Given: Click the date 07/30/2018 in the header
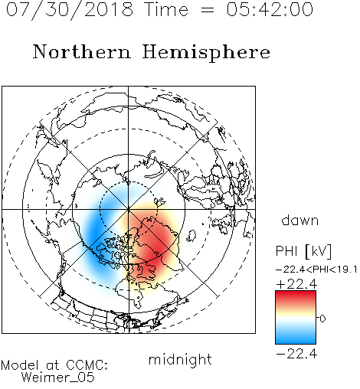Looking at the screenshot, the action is point(70,10).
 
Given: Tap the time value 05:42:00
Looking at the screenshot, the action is point(270,9).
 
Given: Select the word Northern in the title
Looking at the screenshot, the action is point(82,52).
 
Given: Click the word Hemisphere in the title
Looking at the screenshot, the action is point(206,53).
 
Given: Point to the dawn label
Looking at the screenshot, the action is point(300,220).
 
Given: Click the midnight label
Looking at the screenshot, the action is point(180,360).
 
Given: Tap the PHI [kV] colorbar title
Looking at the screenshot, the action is point(303,251).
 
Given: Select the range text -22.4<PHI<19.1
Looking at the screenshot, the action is point(316,270).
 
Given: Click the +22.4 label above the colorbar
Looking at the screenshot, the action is point(296,284).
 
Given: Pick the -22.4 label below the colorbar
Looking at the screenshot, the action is point(296,354).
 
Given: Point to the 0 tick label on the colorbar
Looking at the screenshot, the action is point(322,319).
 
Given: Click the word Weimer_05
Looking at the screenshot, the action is point(58,378).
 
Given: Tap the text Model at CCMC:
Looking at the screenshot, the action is point(54,365).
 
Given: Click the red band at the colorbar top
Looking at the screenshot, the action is point(296,296).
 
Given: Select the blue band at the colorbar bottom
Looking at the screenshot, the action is point(296,339).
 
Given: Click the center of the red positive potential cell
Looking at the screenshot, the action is point(155,249).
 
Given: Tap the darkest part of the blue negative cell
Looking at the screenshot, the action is point(96,232).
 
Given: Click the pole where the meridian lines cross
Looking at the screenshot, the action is point(129,210).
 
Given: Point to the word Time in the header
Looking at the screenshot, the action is point(166,9).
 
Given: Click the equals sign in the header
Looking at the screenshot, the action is point(208,10).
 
